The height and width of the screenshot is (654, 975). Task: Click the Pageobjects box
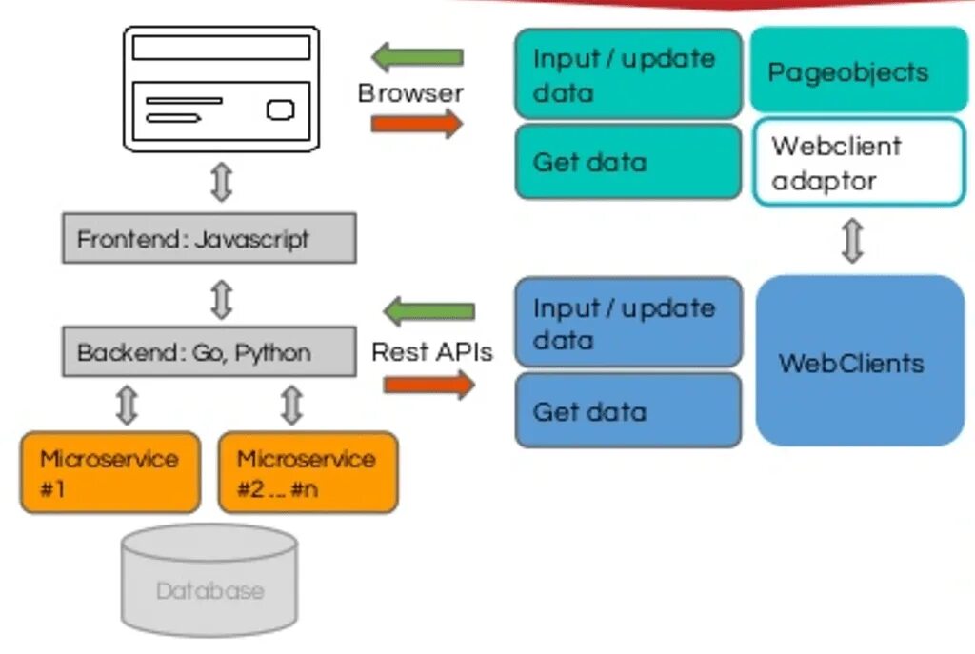tap(858, 69)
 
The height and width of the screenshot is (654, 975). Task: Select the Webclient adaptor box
tap(859, 162)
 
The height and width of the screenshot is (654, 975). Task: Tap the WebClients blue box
tap(860, 361)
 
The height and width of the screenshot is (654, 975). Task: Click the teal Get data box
tap(628, 162)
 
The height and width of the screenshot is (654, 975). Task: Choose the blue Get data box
tap(628, 410)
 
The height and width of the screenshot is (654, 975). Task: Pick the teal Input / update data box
tap(628, 73)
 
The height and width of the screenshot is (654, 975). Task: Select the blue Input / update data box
tap(628, 322)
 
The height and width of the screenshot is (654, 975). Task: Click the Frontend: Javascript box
tap(209, 238)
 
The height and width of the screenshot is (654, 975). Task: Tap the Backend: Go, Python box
tap(209, 351)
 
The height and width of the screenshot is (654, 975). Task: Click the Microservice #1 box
tap(110, 472)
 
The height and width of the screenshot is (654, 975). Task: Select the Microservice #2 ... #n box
tap(308, 472)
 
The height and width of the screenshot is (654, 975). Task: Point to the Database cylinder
tap(209, 580)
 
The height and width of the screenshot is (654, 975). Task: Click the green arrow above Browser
tap(417, 56)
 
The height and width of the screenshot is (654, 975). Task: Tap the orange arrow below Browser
tap(417, 123)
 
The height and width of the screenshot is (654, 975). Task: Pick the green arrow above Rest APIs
tap(429, 311)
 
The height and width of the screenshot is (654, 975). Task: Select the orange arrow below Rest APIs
tap(429, 385)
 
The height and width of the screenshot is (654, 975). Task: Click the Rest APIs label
tap(432, 352)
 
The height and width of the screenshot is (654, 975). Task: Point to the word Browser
tap(410, 93)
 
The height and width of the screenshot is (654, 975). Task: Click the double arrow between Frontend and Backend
tap(222, 300)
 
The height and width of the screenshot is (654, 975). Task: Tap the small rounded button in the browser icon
tap(281, 110)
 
